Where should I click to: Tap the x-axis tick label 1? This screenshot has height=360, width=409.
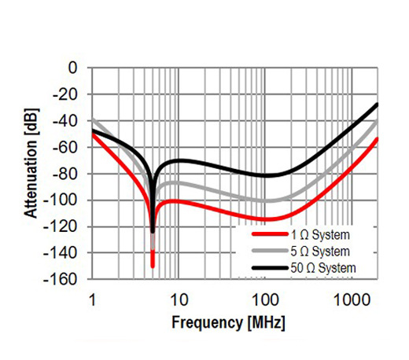coord(93,299)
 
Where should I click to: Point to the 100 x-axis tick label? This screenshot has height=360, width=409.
coord(264,299)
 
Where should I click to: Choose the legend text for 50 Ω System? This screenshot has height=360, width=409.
coord(324,268)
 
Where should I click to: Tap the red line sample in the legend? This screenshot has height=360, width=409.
coord(270,234)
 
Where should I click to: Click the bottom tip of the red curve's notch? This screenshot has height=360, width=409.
coord(153,266)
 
